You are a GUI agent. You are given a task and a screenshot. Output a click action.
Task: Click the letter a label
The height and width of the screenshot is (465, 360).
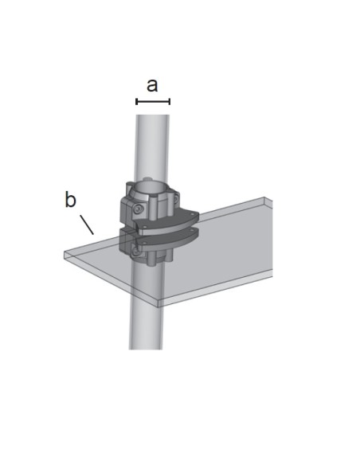point(152,85)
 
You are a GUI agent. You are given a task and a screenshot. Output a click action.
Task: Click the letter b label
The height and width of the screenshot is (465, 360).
point(70,199)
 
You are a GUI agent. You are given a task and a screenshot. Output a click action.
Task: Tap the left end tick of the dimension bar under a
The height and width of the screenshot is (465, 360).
point(136,102)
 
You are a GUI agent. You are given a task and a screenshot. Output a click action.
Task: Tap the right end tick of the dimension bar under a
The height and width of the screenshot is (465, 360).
point(170,102)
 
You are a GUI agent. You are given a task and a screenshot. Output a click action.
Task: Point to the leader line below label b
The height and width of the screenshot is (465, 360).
point(87,225)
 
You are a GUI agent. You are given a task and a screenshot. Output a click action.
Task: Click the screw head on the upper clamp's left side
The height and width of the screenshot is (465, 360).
point(138,209)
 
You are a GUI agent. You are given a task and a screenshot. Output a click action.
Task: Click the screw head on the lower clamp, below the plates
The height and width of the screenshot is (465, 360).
point(136,252)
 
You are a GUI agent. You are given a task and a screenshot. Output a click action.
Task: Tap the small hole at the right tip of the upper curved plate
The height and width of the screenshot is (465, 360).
point(193,213)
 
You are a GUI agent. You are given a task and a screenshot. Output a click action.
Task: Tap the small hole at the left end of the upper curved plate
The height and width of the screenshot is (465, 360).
point(144,227)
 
